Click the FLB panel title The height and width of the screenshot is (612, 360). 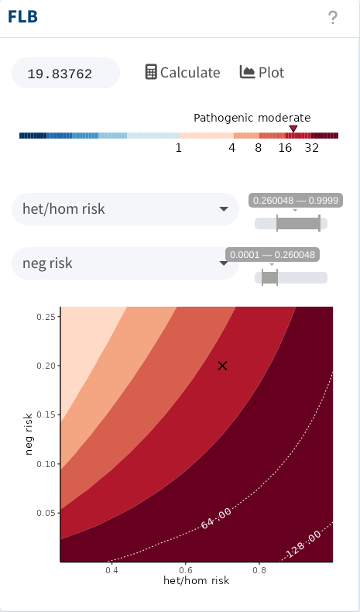[22, 17]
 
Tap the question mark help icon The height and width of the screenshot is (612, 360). [332, 18]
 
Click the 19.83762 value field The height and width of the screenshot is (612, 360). [66, 73]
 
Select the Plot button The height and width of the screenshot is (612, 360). [262, 73]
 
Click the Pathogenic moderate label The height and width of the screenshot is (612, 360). [252, 118]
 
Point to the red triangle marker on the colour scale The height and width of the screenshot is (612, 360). [293, 129]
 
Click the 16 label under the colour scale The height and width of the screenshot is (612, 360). [285, 148]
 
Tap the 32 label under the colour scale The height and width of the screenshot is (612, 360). [312, 148]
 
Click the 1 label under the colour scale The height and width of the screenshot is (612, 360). [179, 148]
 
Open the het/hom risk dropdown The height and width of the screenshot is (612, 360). [125, 209]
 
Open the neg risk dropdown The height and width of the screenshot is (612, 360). [125, 263]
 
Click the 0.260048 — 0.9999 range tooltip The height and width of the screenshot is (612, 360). [296, 201]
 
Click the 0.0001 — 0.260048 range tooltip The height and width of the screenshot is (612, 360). [273, 255]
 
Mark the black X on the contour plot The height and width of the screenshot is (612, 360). [222, 366]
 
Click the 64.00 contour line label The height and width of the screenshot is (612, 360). [216, 518]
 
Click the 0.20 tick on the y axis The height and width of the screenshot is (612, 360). [46, 366]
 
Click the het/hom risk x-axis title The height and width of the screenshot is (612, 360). [196, 581]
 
